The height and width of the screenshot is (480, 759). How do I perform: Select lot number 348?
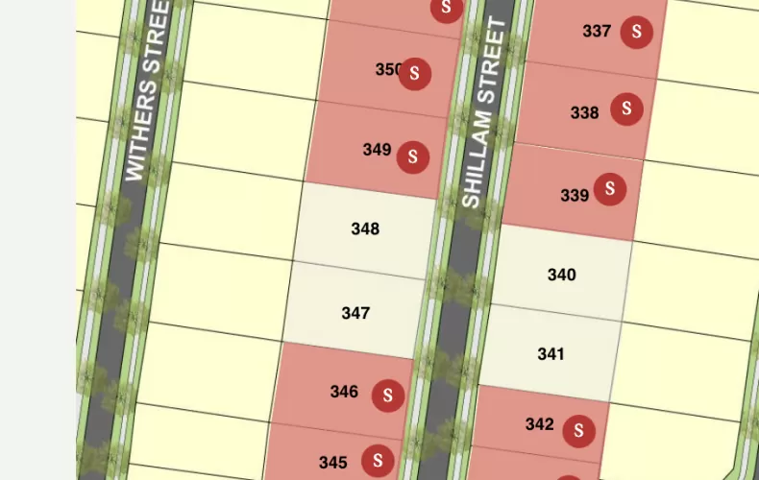click(x=365, y=228)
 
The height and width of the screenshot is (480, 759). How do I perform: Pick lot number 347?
click(x=355, y=313)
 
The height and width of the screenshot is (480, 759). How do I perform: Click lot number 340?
click(x=561, y=276)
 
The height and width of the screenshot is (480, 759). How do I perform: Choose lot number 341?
click(x=551, y=354)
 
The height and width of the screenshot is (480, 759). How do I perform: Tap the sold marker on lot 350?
click(x=415, y=73)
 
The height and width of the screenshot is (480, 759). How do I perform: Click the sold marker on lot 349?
click(x=413, y=156)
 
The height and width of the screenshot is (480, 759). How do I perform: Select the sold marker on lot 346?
click(x=387, y=395)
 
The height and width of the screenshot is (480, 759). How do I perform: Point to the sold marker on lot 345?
click(x=378, y=460)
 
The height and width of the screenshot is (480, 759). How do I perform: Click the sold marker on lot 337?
click(x=636, y=32)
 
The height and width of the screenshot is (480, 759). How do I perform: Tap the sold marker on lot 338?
click(x=626, y=108)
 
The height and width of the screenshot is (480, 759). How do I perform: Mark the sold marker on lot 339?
click(x=610, y=188)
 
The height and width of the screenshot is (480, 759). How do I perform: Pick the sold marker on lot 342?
click(x=578, y=431)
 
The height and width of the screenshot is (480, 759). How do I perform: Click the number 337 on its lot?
click(x=597, y=32)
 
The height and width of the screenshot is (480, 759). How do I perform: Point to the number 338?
click(x=584, y=113)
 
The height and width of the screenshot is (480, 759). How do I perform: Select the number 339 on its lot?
click(x=575, y=196)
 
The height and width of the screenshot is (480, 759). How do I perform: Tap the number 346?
click(x=344, y=392)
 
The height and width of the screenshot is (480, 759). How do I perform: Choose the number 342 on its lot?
click(x=540, y=424)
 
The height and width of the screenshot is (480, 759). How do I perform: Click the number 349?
click(x=377, y=150)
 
